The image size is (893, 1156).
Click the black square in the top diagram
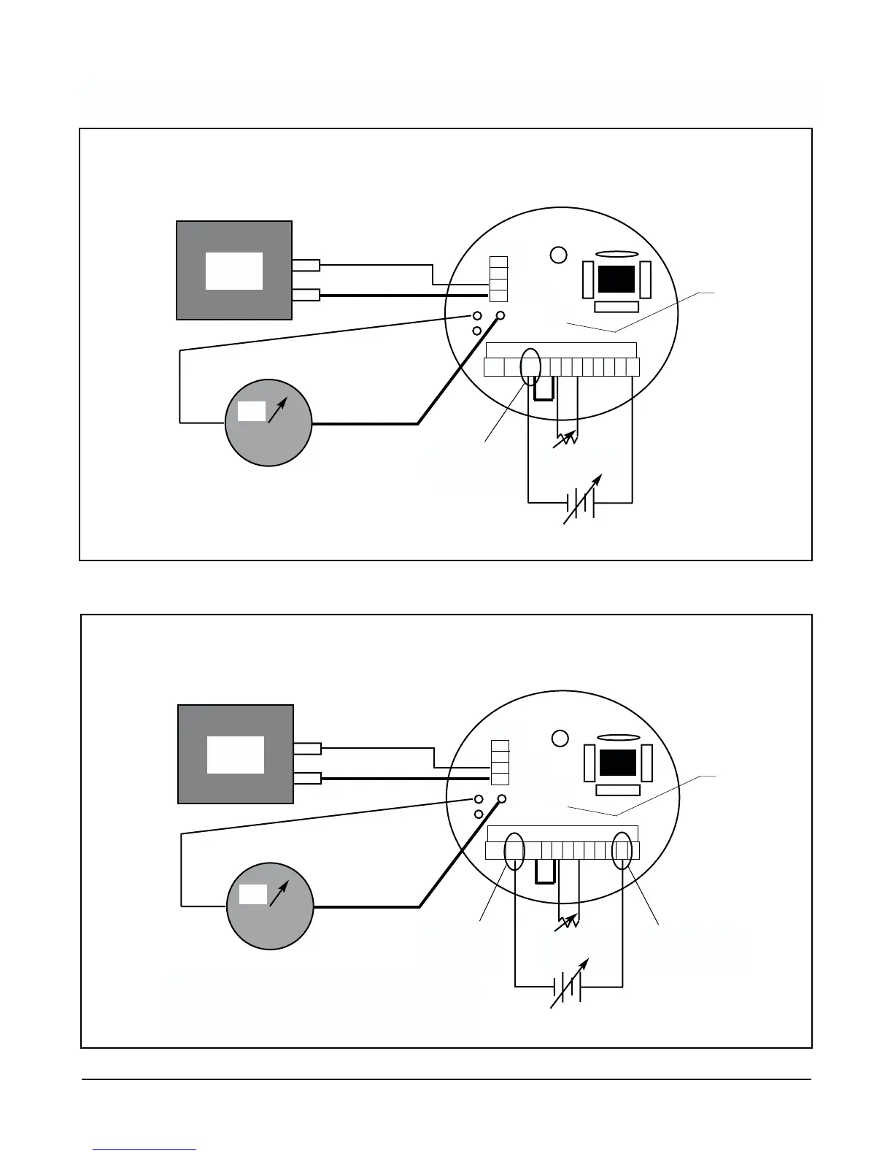pos(616,279)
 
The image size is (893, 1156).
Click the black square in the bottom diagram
pos(617,763)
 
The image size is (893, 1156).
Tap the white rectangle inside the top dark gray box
pos(234,271)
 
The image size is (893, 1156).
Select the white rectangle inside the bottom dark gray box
pos(236,755)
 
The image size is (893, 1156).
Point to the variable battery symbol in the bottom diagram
pos(568,987)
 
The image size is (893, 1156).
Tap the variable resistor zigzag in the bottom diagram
pos(568,923)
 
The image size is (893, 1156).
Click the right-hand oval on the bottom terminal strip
pos(622,850)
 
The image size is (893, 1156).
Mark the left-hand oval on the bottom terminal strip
pos(514,850)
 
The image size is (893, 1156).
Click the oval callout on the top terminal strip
pos(530,366)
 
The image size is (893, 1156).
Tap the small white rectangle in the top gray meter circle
pos(252,412)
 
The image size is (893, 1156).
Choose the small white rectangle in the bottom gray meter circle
pos(253,894)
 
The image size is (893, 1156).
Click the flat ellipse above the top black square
pos(616,253)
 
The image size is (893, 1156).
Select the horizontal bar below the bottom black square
pos(618,790)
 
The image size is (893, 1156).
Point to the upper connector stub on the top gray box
pos(306,266)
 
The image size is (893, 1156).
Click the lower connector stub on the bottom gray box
pos(307,778)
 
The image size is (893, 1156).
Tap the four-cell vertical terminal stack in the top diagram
pos(498,279)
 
